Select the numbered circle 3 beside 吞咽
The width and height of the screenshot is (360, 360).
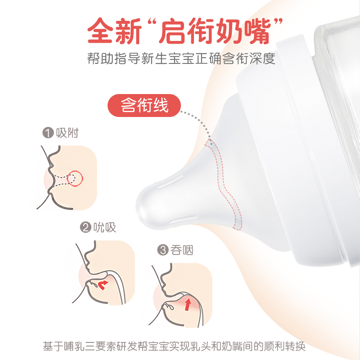(163, 251)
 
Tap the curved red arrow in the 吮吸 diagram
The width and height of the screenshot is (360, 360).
(103, 284)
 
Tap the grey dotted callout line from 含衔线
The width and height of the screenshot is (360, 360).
(198, 119)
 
